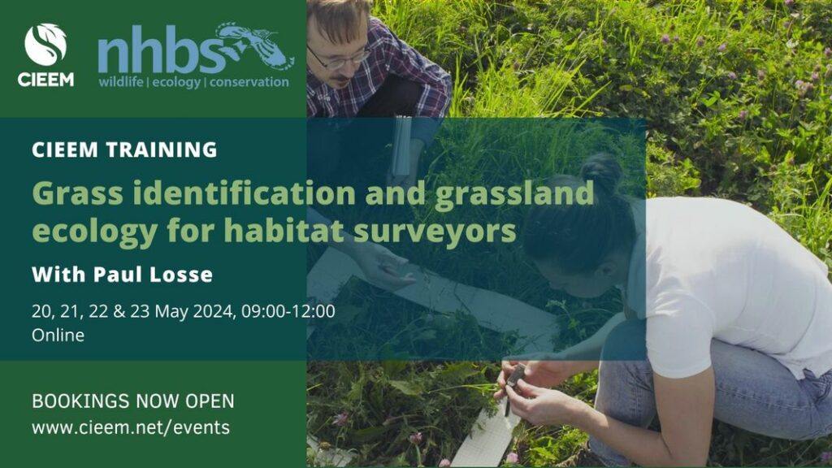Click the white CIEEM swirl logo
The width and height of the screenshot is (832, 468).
click(x=45, y=45)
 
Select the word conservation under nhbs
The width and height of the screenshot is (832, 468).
click(x=249, y=82)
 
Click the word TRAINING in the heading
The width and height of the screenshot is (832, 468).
click(x=162, y=149)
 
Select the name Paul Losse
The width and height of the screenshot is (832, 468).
click(x=153, y=275)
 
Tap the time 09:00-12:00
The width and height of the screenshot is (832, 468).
click(x=288, y=311)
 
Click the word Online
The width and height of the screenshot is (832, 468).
click(x=58, y=336)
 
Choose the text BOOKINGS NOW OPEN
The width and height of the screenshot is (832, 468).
click(x=132, y=401)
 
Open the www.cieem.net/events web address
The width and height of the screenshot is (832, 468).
click(x=131, y=427)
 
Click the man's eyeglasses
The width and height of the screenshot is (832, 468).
click(x=340, y=58)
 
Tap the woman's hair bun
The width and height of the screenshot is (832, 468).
click(x=601, y=171)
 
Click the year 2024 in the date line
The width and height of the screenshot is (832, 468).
click(x=214, y=311)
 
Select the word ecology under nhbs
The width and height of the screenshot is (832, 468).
click(x=176, y=83)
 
